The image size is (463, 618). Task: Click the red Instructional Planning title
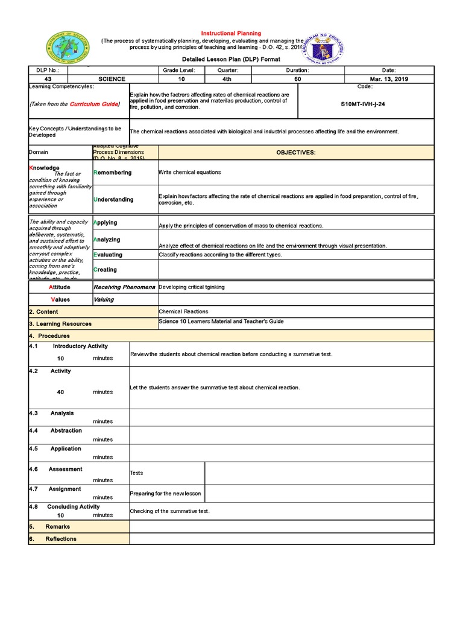tap(231, 33)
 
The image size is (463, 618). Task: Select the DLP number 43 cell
tap(48, 79)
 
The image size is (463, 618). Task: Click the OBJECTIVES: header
tap(295, 153)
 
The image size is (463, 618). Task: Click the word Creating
tap(105, 270)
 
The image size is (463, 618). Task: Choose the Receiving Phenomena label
tap(124, 287)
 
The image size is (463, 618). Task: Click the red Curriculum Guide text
tap(94, 104)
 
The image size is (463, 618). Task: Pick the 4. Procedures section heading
tap(49, 336)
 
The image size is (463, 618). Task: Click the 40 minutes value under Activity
tap(60, 392)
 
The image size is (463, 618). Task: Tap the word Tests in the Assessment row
tap(137, 473)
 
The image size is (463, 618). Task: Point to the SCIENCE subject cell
tap(112, 79)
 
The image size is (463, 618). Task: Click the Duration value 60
tap(297, 79)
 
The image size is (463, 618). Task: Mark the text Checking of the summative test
tap(170, 511)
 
